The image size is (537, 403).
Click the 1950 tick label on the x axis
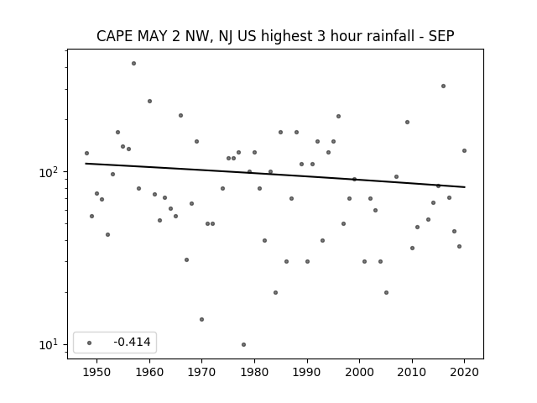pyautogui.click(x=97, y=372)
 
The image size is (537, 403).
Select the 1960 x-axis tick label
pyautogui.click(x=149, y=372)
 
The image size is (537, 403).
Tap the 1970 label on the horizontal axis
pyautogui.click(x=201, y=372)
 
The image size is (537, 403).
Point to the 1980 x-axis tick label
pyautogui.click(x=254, y=372)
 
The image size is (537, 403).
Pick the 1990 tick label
pyautogui.click(x=307, y=372)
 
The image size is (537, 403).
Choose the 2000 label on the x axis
pyautogui.click(x=360, y=372)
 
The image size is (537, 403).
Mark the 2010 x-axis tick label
pyautogui.click(x=412, y=372)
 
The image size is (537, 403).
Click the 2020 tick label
pyautogui.click(x=464, y=372)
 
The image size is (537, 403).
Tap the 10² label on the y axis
pyautogui.click(x=50, y=172)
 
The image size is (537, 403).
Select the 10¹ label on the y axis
pyautogui.click(x=50, y=344)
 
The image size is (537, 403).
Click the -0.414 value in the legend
pyautogui.click(x=132, y=342)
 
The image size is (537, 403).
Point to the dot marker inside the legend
pyautogui.click(x=90, y=343)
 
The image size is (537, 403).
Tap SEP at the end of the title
pyautogui.click(x=441, y=36)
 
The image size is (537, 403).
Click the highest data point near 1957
pyautogui.click(x=134, y=64)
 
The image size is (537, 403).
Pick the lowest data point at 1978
pyautogui.click(x=243, y=344)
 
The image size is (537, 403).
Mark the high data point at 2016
pyautogui.click(x=444, y=86)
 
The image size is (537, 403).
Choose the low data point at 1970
pyautogui.click(x=201, y=319)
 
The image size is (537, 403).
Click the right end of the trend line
pyautogui.click(x=465, y=186)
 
